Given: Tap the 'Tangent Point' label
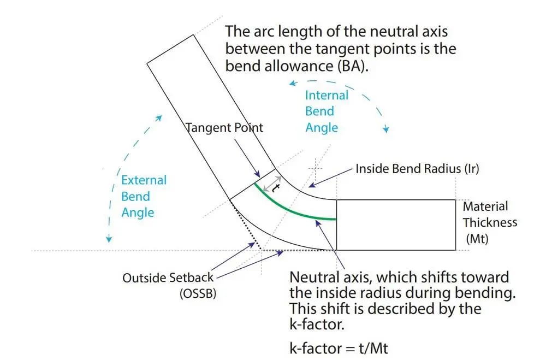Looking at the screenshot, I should [x=224, y=128].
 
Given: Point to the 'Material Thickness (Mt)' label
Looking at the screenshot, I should [x=489, y=222].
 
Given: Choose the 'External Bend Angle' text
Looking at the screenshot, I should [x=144, y=196].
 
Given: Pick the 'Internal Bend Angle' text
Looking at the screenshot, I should [x=326, y=111].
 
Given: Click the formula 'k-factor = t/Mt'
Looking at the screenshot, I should [x=338, y=348].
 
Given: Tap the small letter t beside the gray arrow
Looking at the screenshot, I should [x=276, y=187].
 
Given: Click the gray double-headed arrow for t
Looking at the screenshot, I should [x=271, y=185].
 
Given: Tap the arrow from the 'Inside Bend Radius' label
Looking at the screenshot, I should [x=328, y=179].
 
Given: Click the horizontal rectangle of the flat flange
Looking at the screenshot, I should [x=395, y=225].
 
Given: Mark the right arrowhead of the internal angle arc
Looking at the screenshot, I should [x=386, y=129].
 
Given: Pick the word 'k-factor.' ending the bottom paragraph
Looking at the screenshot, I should [x=315, y=324].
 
